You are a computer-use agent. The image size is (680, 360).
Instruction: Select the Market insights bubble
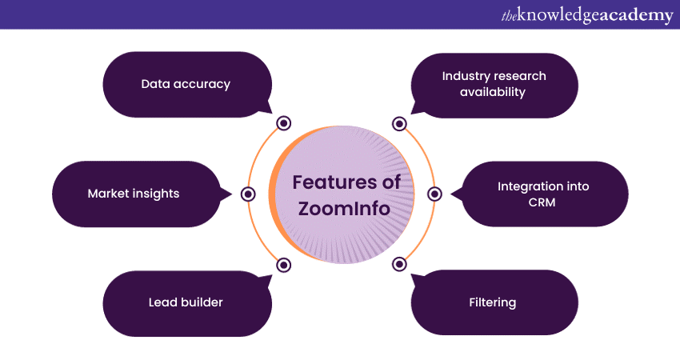tap(134, 194)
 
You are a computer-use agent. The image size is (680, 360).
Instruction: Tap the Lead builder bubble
tap(186, 302)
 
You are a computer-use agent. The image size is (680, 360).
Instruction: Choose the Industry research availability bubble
tap(494, 83)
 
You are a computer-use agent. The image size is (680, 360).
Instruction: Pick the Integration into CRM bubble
tap(543, 194)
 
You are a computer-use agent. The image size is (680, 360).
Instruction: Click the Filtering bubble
tap(493, 302)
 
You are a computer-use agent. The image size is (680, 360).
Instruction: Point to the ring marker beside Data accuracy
tap(283, 123)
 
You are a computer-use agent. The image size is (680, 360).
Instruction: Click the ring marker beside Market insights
tap(248, 194)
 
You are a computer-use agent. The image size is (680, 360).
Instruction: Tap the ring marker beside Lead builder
tap(283, 265)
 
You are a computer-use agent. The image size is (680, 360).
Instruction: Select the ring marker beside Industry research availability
tap(399, 123)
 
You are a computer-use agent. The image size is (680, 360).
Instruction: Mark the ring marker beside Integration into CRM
tap(435, 194)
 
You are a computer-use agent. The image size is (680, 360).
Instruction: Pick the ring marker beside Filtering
tap(399, 265)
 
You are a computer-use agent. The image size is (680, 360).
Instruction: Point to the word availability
tap(494, 92)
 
